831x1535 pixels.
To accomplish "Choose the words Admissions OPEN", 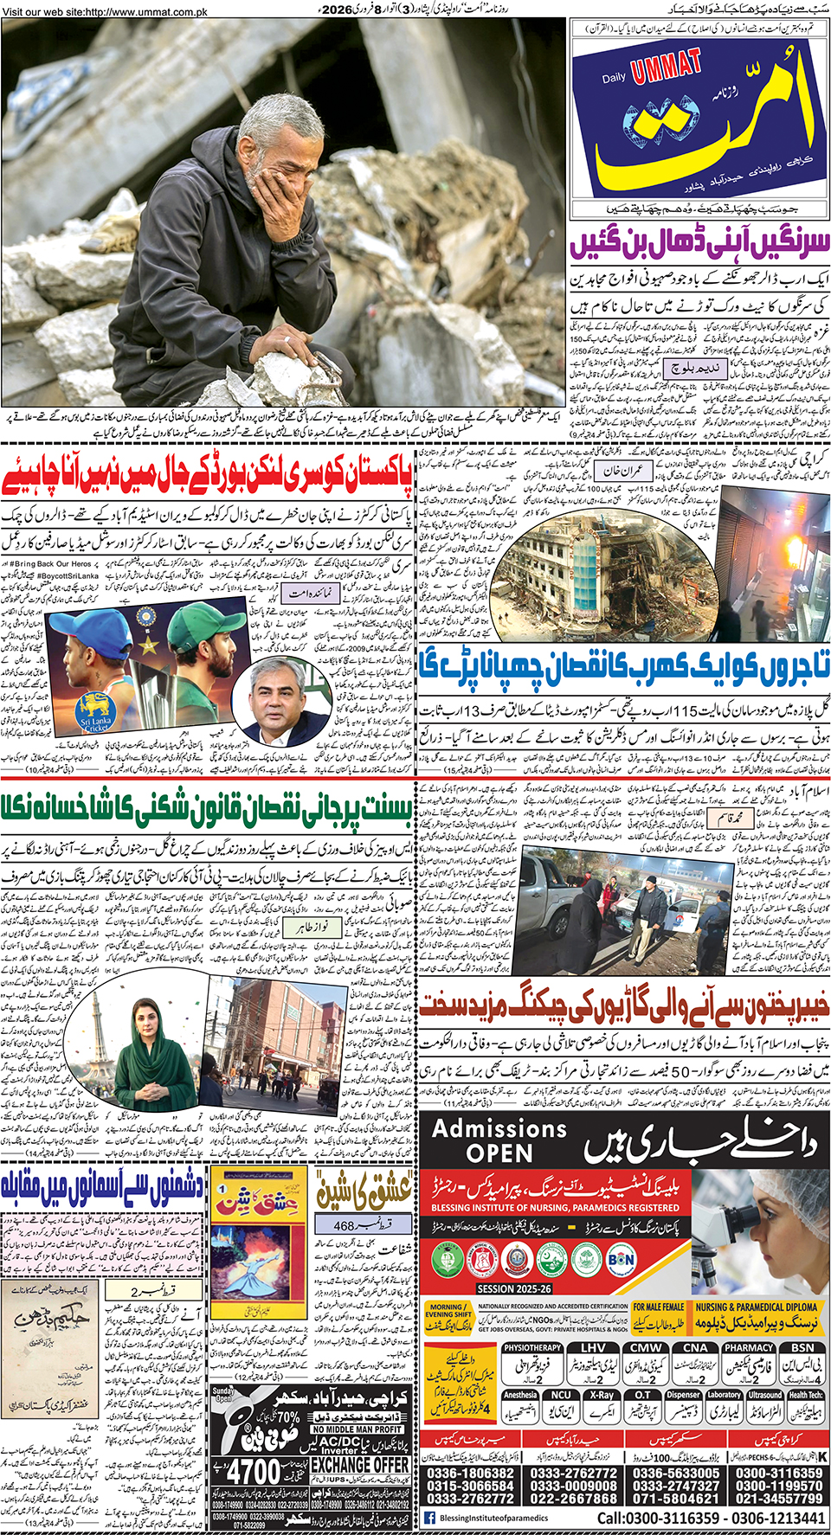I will tap(499, 1140).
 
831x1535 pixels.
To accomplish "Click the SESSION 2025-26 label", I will tap(514, 1288).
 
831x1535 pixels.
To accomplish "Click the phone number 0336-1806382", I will tap(470, 1473).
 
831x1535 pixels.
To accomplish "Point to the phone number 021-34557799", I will tap(779, 1499).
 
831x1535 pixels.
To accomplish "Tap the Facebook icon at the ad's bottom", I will tap(429, 1518).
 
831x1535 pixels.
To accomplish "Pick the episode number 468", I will tap(345, 1225).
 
